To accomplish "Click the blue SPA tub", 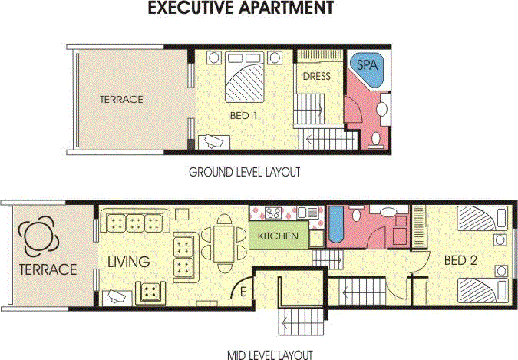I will pos(366,68).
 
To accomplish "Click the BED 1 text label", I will pos(244,116).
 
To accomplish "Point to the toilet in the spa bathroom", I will pos(375,137).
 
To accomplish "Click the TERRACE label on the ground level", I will pos(121,99).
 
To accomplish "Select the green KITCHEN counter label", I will pos(278,236).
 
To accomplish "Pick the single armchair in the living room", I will pos(150,291).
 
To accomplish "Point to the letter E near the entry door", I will pos(244,291).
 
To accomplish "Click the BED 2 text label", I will pos(461,260).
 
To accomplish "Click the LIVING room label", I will pos(128,263).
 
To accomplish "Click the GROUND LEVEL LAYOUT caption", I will pos(244,173).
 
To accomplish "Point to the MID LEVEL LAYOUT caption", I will pos(270,355).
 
